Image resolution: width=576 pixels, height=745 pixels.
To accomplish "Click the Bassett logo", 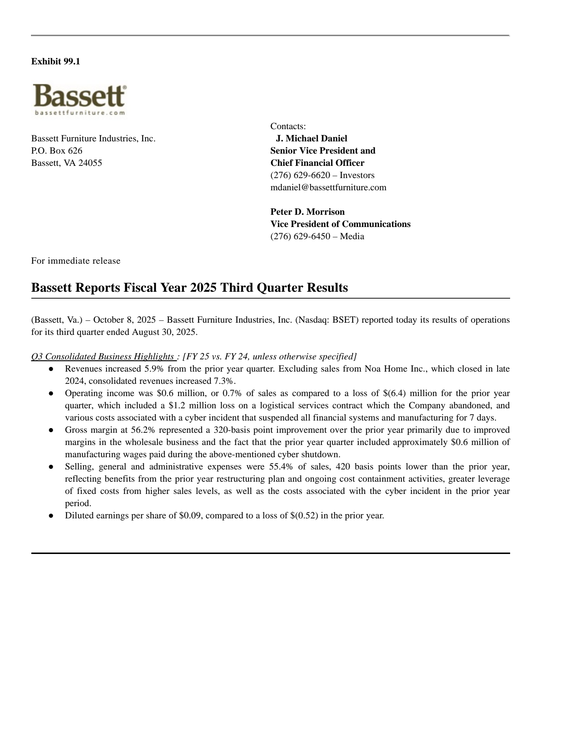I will tap(80, 99).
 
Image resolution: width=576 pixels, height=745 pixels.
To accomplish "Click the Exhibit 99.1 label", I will tap(56, 62).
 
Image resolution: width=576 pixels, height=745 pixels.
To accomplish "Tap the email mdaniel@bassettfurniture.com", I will tap(328, 187).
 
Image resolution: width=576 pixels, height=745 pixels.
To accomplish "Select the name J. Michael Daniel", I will tap(311, 138).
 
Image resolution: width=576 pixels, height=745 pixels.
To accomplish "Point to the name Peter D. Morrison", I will tap(307, 212).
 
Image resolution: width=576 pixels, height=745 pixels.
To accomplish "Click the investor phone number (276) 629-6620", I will tap(300, 175).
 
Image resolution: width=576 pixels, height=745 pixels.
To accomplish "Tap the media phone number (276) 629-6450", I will tap(300, 236).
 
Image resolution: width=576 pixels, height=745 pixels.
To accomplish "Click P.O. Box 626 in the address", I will tap(57, 151).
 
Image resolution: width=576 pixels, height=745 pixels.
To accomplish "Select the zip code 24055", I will tap(90, 163).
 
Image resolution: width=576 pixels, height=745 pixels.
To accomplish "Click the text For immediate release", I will tap(76, 261).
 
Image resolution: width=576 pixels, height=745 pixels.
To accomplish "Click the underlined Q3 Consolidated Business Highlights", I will tap(103, 356).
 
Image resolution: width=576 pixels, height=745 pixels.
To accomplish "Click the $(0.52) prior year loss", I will tap(304, 515).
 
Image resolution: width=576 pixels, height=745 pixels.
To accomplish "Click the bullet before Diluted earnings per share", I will tap(51, 515).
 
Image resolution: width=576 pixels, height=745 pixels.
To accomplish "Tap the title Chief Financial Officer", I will tap(317, 163).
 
